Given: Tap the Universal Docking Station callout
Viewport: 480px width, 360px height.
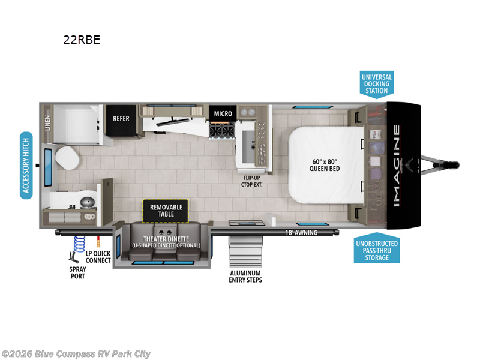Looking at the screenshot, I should tap(376, 84).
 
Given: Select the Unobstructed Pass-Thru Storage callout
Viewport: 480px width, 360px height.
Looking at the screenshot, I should tap(376, 250).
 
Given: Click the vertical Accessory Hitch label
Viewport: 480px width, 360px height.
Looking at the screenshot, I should tap(26, 166).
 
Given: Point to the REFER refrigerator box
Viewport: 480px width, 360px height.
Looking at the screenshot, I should tap(121, 118).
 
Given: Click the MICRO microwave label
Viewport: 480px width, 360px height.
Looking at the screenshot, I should tap(223, 113).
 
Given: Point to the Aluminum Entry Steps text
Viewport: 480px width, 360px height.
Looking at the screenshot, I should tap(245, 276).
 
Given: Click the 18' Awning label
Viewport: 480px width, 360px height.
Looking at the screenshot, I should tap(302, 232).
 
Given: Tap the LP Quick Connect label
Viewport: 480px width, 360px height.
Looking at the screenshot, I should tap(98, 256).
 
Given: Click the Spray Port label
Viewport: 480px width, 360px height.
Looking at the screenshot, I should tap(76, 272).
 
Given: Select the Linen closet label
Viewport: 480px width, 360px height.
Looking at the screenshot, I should tap(47, 123).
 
